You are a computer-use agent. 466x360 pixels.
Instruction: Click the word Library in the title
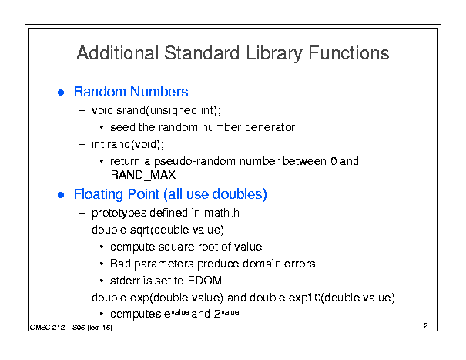[273, 54]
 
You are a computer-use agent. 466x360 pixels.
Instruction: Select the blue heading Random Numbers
[131, 92]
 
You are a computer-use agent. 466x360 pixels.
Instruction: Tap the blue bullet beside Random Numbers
[61, 93]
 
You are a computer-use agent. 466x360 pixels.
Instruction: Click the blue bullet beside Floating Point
[61, 195]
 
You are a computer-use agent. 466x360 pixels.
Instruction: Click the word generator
[270, 128]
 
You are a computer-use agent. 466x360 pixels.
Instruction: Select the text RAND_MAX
[143, 175]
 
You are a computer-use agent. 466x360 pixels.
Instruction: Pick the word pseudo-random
[195, 162]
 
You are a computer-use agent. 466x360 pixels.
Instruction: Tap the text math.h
[221, 213]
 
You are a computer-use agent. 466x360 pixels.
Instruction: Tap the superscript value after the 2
[230, 312]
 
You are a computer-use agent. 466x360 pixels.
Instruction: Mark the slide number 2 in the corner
[426, 326]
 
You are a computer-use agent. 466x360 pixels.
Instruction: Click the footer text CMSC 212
[48, 328]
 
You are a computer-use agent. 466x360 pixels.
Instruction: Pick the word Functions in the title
[349, 53]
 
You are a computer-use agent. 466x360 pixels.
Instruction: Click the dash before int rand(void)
[82, 145]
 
